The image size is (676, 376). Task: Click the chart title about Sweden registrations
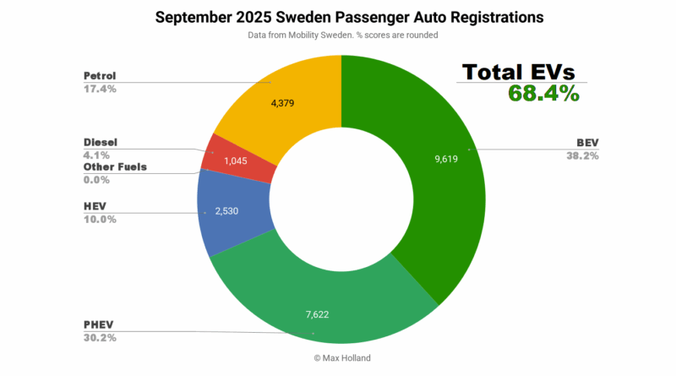click(338, 17)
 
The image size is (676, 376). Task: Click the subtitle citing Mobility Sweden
click(338, 36)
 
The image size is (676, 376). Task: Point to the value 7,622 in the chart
click(323, 315)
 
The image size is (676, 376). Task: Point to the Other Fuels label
click(115, 166)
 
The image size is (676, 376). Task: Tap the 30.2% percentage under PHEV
click(101, 338)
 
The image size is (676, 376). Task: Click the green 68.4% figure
click(543, 93)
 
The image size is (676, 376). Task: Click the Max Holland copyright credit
click(339, 358)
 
